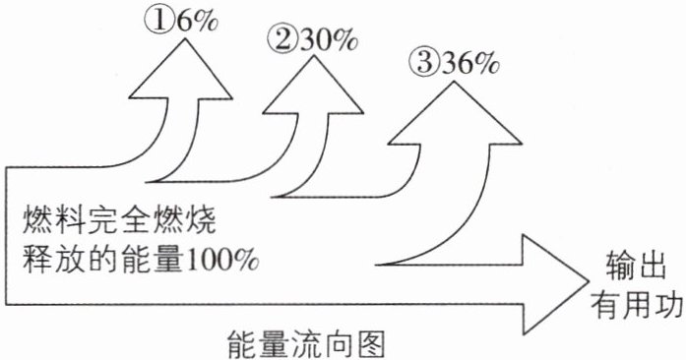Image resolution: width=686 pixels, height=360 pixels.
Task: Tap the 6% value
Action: click(196, 21)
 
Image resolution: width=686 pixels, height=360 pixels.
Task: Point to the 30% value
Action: click(329, 40)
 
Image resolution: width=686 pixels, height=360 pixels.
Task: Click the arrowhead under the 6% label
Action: click(181, 69)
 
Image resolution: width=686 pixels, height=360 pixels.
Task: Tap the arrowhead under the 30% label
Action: click(313, 85)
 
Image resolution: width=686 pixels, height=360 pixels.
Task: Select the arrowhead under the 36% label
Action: click(455, 112)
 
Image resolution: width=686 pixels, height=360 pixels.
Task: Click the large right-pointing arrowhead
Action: click(556, 284)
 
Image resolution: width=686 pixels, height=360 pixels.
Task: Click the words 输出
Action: click(635, 266)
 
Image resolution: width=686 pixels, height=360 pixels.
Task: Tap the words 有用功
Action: click(636, 304)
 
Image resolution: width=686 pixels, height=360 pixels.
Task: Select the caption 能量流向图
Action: click(306, 344)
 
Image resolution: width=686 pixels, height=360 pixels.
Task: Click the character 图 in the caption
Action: click(370, 344)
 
